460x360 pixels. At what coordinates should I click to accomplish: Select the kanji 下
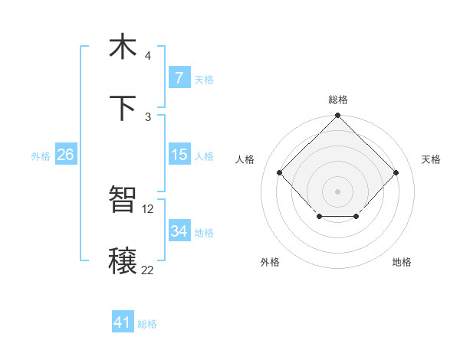click(123, 108)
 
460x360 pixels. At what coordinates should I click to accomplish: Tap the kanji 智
click(123, 200)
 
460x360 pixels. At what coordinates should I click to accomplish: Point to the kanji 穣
click(123, 261)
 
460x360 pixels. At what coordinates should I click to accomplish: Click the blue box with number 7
click(179, 78)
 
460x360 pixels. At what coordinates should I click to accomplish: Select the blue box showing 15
click(179, 155)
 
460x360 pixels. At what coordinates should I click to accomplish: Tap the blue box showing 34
click(179, 231)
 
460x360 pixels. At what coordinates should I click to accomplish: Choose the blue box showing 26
click(65, 155)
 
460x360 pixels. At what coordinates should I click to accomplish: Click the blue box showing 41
click(123, 322)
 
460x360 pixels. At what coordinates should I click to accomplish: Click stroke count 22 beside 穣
click(148, 270)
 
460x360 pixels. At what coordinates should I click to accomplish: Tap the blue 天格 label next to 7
click(204, 79)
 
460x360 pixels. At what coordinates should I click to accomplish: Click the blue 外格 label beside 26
click(41, 155)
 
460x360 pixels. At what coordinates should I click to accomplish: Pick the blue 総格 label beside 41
click(147, 324)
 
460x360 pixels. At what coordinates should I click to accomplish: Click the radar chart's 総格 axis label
click(337, 100)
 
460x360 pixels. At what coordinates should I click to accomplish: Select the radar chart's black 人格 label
click(245, 159)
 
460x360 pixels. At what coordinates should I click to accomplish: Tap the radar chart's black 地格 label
click(402, 262)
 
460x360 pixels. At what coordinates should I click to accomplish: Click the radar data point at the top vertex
click(337, 116)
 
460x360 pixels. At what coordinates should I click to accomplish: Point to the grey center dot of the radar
click(337, 190)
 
